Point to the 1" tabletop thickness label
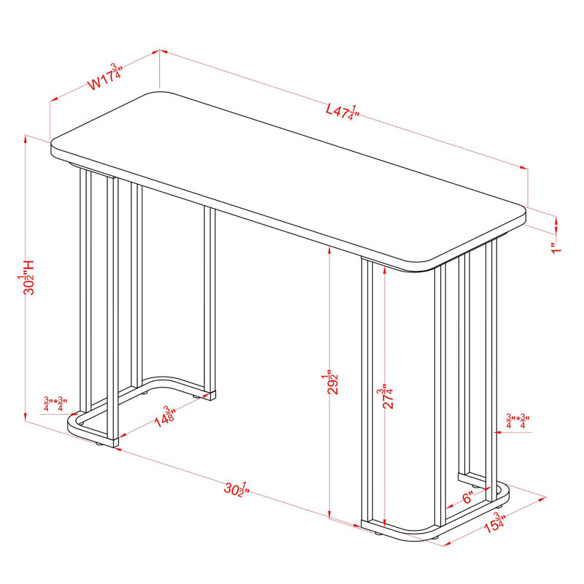[x=556, y=248]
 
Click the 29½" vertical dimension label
[x=331, y=382]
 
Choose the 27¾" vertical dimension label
[x=386, y=396]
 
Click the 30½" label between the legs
[x=236, y=489]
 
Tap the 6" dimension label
[x=468, y=497]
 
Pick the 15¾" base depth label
[x=495, y=523]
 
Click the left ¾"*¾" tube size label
[x=55, y=404]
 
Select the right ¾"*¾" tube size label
[x=518, y=421]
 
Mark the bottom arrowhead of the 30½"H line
[x=26, y=416]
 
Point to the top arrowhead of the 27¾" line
[x=385, y=269]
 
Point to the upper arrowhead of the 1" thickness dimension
[x=556, y=222]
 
